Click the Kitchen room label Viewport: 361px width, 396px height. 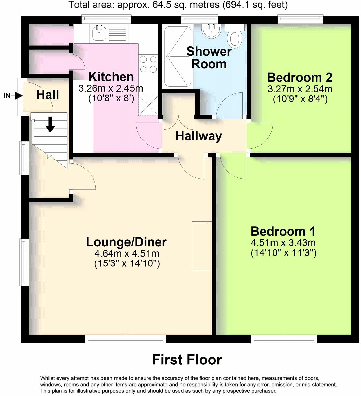pos(111,77)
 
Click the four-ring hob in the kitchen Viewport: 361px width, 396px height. pos(148,64)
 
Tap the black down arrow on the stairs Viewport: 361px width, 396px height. pos(50,124)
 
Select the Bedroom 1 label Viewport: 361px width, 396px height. pos(283,231)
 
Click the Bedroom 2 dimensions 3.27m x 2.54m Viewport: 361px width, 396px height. pos(300,89)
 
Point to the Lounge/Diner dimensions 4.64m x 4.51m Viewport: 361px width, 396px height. pos(127,253)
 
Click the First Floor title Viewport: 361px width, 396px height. pos(187,360)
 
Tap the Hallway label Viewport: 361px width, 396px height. pos(199,136)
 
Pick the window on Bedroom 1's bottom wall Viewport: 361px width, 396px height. pos(284,339)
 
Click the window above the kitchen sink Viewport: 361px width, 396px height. pos(106,19)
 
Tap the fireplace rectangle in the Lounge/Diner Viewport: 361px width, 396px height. pos(202,246)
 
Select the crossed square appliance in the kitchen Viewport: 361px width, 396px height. pos(148,105)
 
